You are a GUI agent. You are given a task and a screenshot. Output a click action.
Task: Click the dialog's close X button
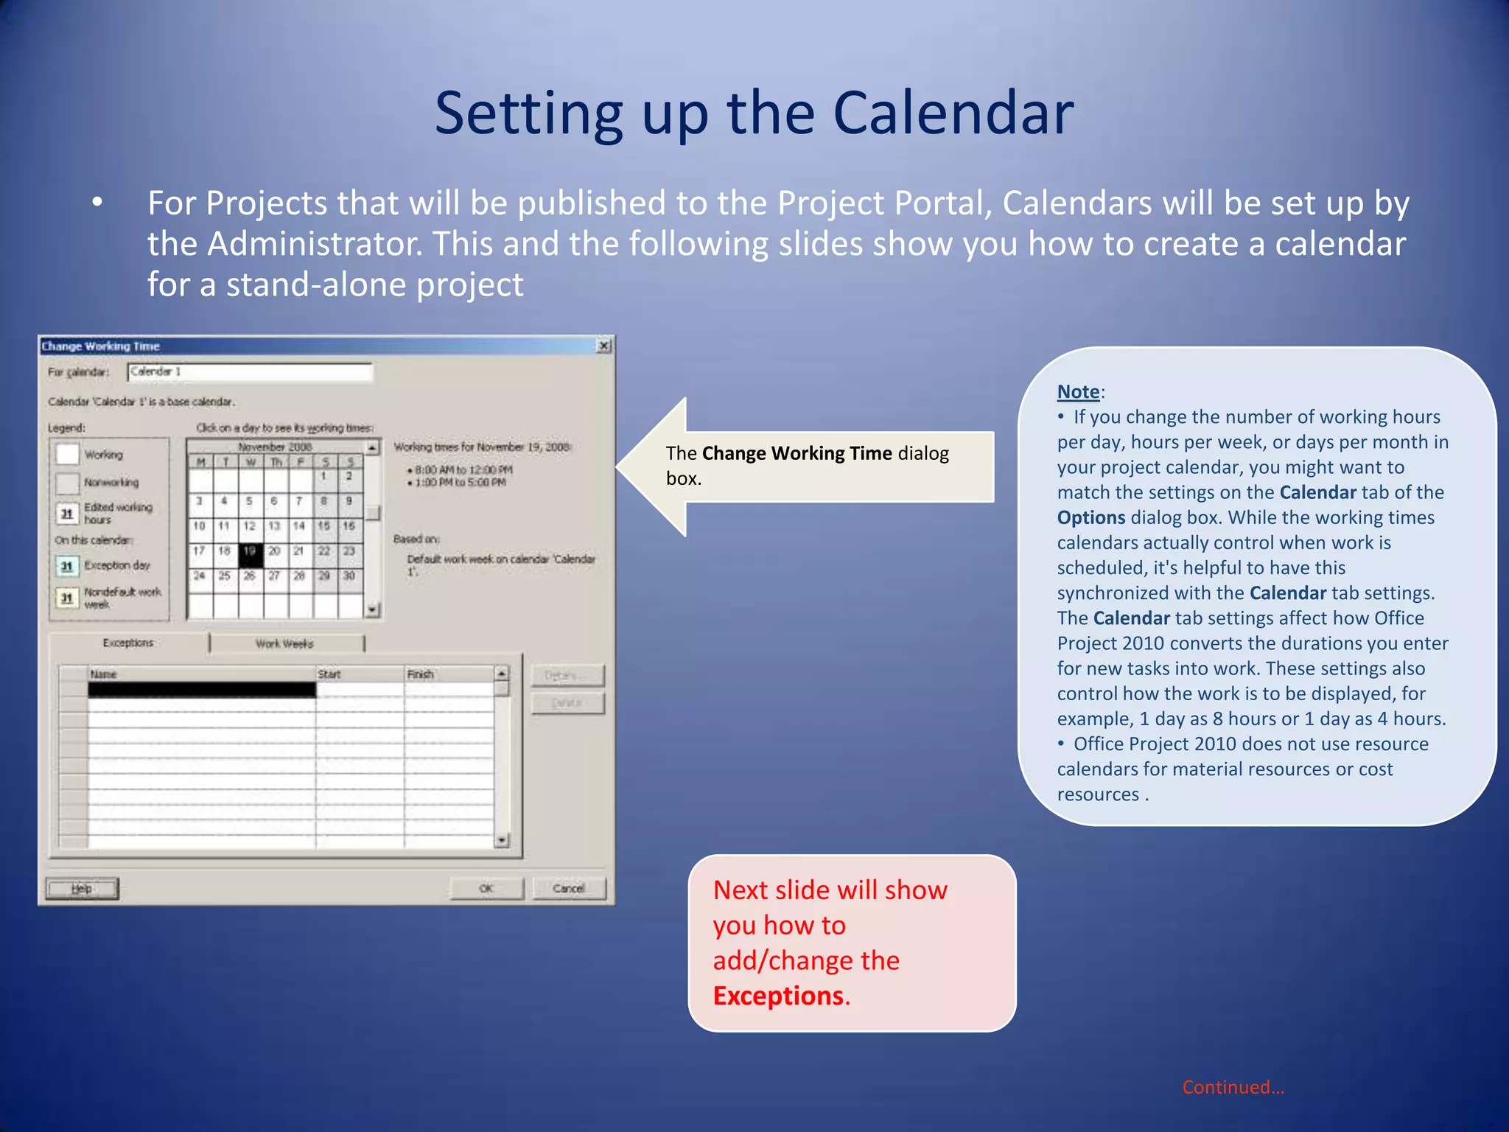point(603,346)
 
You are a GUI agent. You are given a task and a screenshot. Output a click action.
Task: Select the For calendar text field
point(250,372)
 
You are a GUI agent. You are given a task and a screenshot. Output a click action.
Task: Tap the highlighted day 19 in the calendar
point(250,552)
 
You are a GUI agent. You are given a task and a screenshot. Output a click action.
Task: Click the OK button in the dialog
point(486,888)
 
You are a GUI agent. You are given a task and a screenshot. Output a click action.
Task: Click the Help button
point(82,888)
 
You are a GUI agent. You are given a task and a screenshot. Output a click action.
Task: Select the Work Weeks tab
point(285,643)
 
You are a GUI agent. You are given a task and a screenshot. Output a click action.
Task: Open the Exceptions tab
point(128,643)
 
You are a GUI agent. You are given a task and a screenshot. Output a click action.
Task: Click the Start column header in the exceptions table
point(329,674)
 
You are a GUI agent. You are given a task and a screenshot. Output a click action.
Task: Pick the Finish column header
point(421,674)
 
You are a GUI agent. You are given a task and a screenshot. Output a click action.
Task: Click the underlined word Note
point(1078,391)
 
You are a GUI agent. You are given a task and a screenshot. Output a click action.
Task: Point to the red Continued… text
point(1233,1087)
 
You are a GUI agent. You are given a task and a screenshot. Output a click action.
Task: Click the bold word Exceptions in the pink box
point(779,996)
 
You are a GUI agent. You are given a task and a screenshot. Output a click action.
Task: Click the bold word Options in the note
point(1090,517)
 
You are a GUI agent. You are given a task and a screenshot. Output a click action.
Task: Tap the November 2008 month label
point(275,447)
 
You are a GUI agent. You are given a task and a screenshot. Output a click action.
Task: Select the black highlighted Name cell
point(202,690)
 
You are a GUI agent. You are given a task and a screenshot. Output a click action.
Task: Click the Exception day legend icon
point(67,566)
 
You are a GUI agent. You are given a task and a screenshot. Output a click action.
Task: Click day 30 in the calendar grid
point(349,576)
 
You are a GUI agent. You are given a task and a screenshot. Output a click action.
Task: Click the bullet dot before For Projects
point(97,203)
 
